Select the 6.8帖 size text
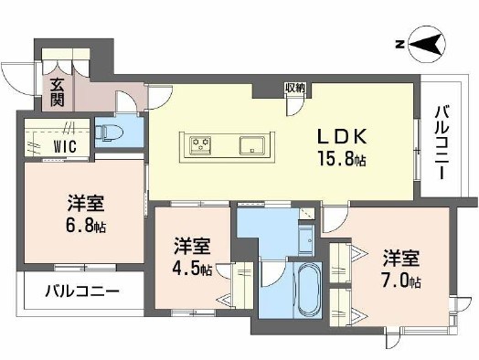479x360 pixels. pyautogui.click(x=83, y=226)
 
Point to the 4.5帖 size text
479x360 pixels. pyautogui.click(x=194, y=270)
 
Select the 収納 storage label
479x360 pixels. pyautogui.click(x=294, y=88)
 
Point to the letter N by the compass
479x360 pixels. pyautogui.click(x=399, y=43)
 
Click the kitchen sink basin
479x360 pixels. pyautogui.click(x=252, y=144)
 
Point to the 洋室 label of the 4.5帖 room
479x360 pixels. pyautogui.click(x=193, y=247)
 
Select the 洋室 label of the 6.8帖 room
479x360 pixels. pyautogui.click(x=83, y=204)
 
